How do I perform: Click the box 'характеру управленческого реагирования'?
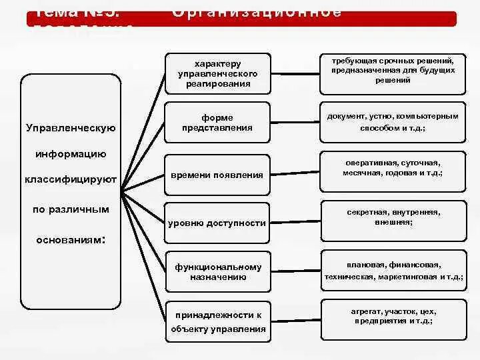(x=217, y=73)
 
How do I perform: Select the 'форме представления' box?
(x=217, y=123)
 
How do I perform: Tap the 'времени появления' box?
(x=217, y=175)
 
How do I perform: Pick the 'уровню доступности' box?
(x=217, y=223)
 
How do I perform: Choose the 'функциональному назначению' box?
(x=217, y=272)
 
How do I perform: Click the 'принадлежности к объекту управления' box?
(x=217, y=321)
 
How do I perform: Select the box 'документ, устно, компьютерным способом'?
(x=393, y=121)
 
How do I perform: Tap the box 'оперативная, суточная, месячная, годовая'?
(x=393, y=167)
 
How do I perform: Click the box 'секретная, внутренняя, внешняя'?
(x=393, y=217)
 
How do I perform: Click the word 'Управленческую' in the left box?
(x=71, y=128)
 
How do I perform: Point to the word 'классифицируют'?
(x=71, y=179)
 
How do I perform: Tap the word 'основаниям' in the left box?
(x=68, y=238)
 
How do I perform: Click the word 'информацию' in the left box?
(x=71, y=154)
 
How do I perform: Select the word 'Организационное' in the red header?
(x=257, y=12)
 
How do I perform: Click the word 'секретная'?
(x=364, y=212)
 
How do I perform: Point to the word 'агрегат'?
(x=364, y=311)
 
